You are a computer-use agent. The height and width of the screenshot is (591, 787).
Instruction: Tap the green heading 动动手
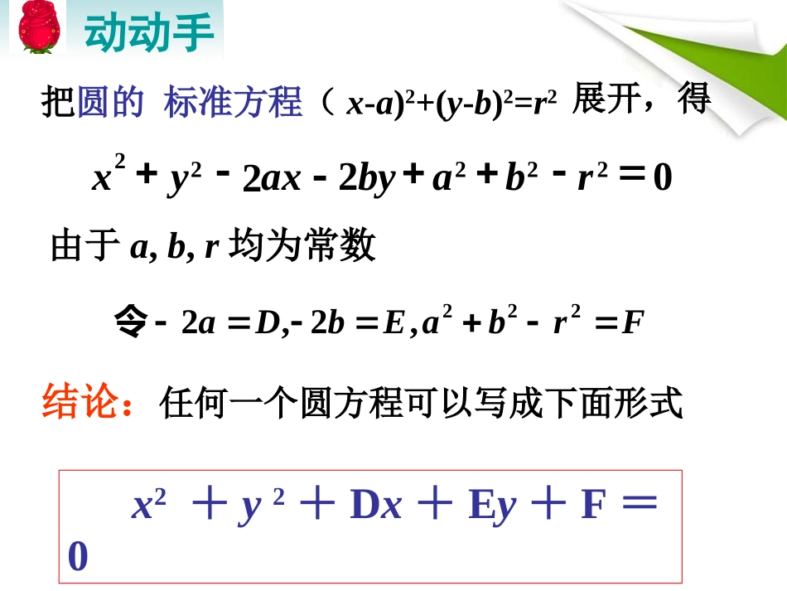click(149, 31)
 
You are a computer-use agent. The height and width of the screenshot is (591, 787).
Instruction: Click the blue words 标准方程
click(234, 104)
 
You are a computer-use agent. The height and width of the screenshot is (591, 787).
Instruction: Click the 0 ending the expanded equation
click(662, 179)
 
